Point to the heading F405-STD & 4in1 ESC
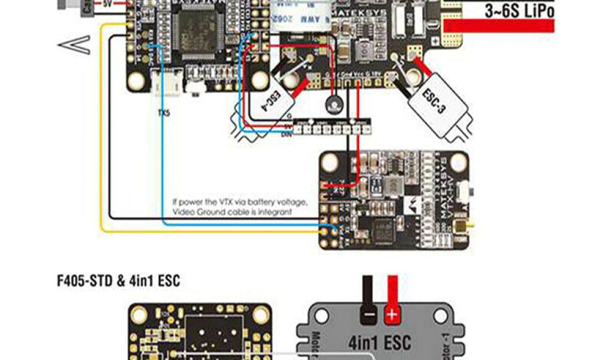(118, 280)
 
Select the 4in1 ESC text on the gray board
(380, 343)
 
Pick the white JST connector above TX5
(164, 84)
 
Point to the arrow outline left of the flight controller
(74, 44)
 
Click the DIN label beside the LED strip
(287, 134)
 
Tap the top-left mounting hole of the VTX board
(330, 162)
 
